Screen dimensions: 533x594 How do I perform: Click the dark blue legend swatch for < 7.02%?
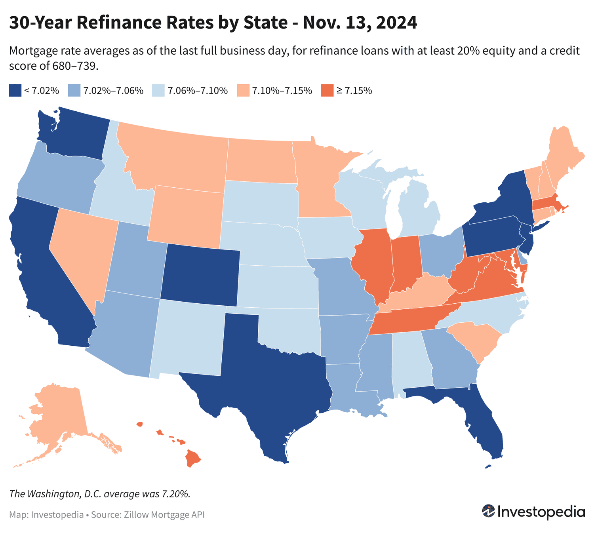coord(15,91)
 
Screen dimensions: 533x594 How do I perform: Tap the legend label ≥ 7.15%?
coord(354,91)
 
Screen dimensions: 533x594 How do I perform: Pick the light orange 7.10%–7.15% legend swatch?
coord(242,91)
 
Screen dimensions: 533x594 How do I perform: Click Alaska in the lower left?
coord(59,412)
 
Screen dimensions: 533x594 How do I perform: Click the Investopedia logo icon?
coord(488,511)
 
